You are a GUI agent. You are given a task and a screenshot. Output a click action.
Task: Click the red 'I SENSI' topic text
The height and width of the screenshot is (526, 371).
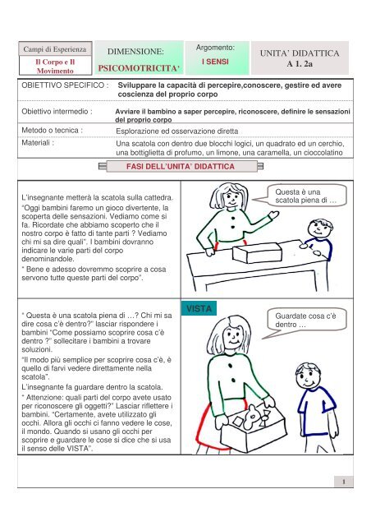coord(214,61)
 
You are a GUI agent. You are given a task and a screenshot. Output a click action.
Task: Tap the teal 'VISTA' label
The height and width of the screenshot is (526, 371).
coord(199,309)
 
